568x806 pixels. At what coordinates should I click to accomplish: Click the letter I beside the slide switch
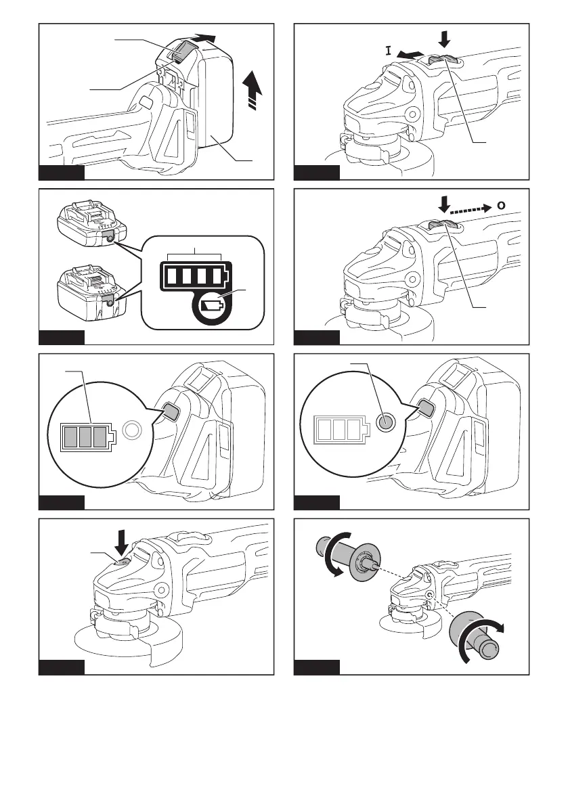(389, 50)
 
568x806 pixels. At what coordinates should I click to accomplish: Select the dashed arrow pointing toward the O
(468, 204)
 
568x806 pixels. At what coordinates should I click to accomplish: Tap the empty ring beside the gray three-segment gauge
(132, 428)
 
